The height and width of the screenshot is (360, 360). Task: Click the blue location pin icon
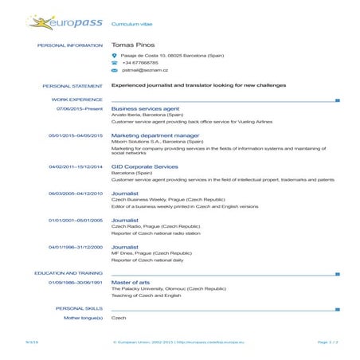(115, 55)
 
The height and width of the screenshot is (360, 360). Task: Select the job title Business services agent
(145, 108)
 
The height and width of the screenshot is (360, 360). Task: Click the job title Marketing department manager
(155, 135)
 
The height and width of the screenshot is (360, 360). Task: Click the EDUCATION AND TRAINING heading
(69, 273)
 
